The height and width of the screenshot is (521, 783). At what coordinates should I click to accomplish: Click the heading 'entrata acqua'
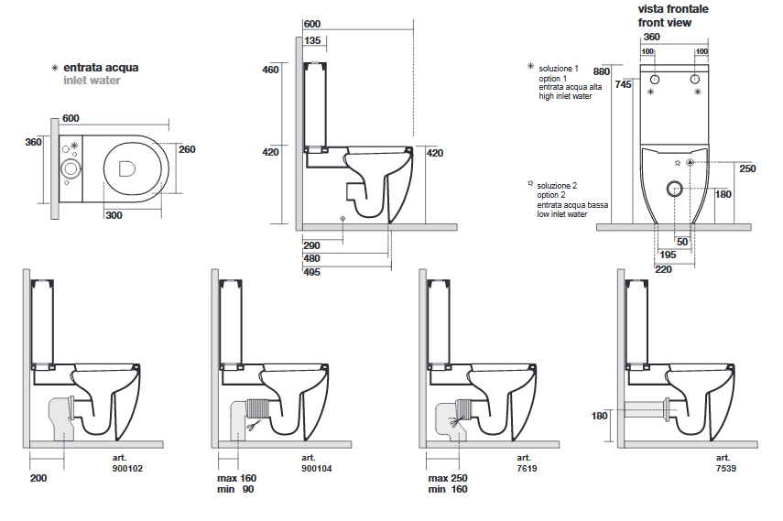tap(101, 68)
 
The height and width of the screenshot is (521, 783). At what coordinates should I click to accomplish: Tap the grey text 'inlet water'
tap(92, 81)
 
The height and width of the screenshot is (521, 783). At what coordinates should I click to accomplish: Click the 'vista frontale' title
tap(673, 9)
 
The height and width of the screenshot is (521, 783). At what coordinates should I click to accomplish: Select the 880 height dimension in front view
tap(601, 71)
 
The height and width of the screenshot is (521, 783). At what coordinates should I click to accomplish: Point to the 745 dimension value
tap(623, 84)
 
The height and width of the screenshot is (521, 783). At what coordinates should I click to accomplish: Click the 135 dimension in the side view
tap(311, 40)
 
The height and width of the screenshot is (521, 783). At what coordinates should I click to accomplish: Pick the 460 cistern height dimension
tap(270, 71)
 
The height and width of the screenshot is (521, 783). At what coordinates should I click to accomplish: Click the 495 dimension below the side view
tap(312, 272)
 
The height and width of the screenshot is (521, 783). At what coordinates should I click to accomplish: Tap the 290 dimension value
tap(312, 246)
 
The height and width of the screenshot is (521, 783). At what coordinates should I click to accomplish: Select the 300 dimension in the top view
tap(114, 215)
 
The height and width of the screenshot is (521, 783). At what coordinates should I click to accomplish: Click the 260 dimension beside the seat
tap(188, 150)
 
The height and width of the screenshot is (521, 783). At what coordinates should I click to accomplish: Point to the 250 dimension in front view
tap(747, 168)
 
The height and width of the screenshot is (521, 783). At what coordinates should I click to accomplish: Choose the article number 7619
tap(524, 468)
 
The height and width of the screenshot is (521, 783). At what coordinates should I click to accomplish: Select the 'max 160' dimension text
tap(235, 478)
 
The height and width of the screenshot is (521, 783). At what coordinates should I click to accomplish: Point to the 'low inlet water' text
tap(562, 215)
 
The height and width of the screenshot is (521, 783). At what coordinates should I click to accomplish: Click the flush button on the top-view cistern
tap(70, 168)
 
